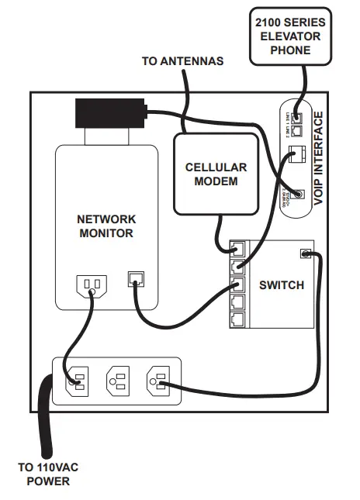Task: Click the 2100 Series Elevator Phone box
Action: click(289, 36)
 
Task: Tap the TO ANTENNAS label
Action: click(183, 60)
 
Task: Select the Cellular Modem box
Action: click(215, 174)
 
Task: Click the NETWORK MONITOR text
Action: click(106, 226)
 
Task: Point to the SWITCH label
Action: click(282, 285)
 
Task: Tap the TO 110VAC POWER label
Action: click(48, 474)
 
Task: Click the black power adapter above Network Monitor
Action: click(111, 113)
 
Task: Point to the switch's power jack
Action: click(306, 253)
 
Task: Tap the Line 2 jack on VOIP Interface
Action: click(296, 129)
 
